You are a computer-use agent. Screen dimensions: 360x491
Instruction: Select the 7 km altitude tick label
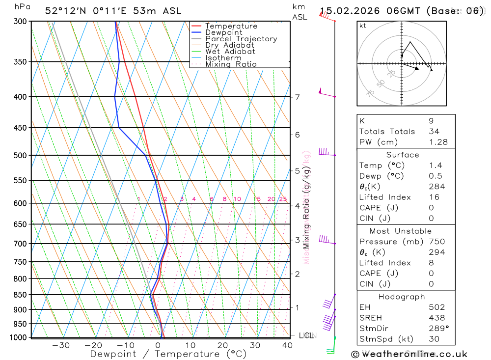click(297, 97)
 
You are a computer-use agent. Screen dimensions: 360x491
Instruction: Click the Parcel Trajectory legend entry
click(241, 39)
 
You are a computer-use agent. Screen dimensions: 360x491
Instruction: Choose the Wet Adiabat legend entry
click(230, 52)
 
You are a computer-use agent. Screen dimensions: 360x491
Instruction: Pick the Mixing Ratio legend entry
click(231, 64)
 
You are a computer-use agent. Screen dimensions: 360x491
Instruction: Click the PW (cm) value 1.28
click(437, 142)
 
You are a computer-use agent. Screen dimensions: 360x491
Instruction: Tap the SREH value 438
click(436, 318)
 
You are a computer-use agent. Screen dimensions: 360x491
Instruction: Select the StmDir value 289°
click(438, 329)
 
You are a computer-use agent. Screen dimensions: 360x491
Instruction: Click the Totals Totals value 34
click(434, 131)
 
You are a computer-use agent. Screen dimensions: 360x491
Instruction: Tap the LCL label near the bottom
click(306, 335)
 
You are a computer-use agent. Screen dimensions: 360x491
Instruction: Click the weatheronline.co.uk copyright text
click(409, 354)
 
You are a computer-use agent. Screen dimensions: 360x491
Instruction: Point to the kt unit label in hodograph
click(362, 26)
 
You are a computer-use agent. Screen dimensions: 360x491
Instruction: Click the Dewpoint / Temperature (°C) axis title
click(168, 354)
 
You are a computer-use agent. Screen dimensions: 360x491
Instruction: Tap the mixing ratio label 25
click(283, 199)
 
